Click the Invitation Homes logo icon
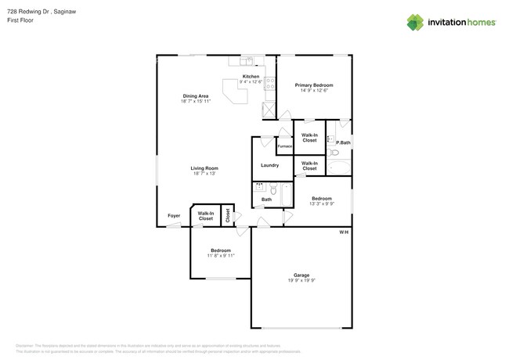[x=415, y=22]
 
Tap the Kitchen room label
[x=251, y=77]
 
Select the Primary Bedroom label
[x=314, y=85]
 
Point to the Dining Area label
[x=195, y=96]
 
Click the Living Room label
[x=204, y=168]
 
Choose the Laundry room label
[x=269, y=165]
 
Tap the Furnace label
[x=285, y=146]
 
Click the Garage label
[x=301, y=275]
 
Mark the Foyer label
[x=174, y=215]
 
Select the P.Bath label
[x=343, y=142]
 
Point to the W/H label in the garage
[x=344, y=232]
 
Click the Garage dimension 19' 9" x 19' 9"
[x=301, y=280]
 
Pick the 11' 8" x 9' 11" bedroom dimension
[x=220, y=256]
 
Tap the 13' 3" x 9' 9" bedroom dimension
[x=321, y=203]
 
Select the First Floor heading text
[x=20, y=21]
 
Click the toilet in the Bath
[x=273, y=189]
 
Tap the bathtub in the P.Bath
[x=340, y=167]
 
